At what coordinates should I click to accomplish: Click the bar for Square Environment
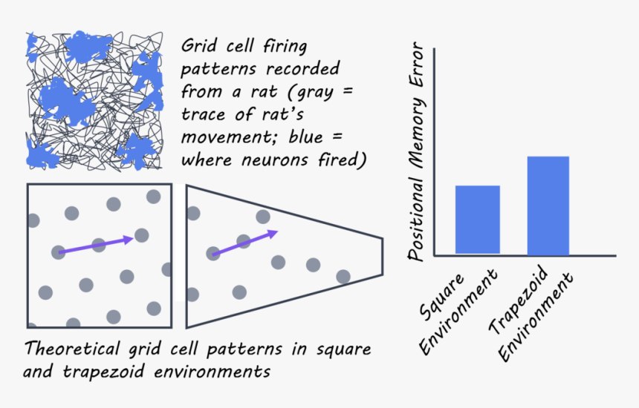click(x=477, y=220)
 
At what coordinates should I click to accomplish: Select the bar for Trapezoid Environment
click(x=548, y=205)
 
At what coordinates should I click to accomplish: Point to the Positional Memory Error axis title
click(x=418, y=152)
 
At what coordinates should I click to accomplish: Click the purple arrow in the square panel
click(x=96, y=245)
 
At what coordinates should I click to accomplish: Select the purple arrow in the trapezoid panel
click(x=245, y=243)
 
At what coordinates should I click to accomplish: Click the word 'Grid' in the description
click(x=198, y=47)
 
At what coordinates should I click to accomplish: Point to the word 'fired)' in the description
click(x=343, y=160)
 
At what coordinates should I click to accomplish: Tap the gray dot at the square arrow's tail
click(x=58, y=252)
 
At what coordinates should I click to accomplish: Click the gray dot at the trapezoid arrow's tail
click(x=213, y=253)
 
